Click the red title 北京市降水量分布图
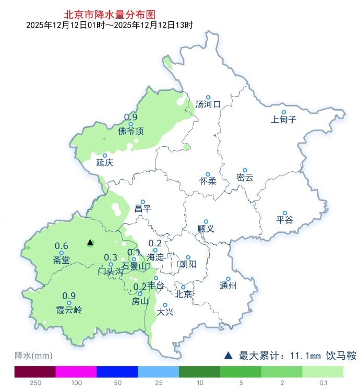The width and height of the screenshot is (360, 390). click(x=110, y=15)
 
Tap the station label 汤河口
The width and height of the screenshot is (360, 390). click(x=208, y=105)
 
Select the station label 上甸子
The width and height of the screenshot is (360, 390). click(x=284, y=120)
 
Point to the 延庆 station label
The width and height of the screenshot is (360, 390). click(x=104, y=162)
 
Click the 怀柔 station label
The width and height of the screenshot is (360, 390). click(x=208, y=182)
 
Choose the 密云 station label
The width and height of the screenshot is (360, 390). click(x=244, y=178)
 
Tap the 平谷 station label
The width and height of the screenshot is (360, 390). click(x=285, y=220)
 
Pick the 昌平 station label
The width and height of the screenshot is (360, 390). click(x=142, y=208)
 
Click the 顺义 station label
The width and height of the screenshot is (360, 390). click(x=206, y=229)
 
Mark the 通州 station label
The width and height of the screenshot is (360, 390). click(x=228, y=286)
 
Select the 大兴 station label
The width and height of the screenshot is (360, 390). click(x=165, y=312)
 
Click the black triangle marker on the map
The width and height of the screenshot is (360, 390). click(x=90, y=242)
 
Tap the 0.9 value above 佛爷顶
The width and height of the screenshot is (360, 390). click(x=130, y=117)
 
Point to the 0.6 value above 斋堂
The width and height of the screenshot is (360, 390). click(x=62, y=246)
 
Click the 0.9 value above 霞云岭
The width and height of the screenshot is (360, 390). click(x=69, y=296)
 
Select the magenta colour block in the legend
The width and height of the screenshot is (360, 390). click(x=76, y=371)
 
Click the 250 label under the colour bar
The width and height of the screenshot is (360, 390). click(x=35, y=383)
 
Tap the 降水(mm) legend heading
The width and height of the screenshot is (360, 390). click(x=33, y=356)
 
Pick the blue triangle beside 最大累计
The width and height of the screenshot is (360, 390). click(x=228, y=356)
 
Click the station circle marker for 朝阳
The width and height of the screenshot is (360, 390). click(x=188, y=257)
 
